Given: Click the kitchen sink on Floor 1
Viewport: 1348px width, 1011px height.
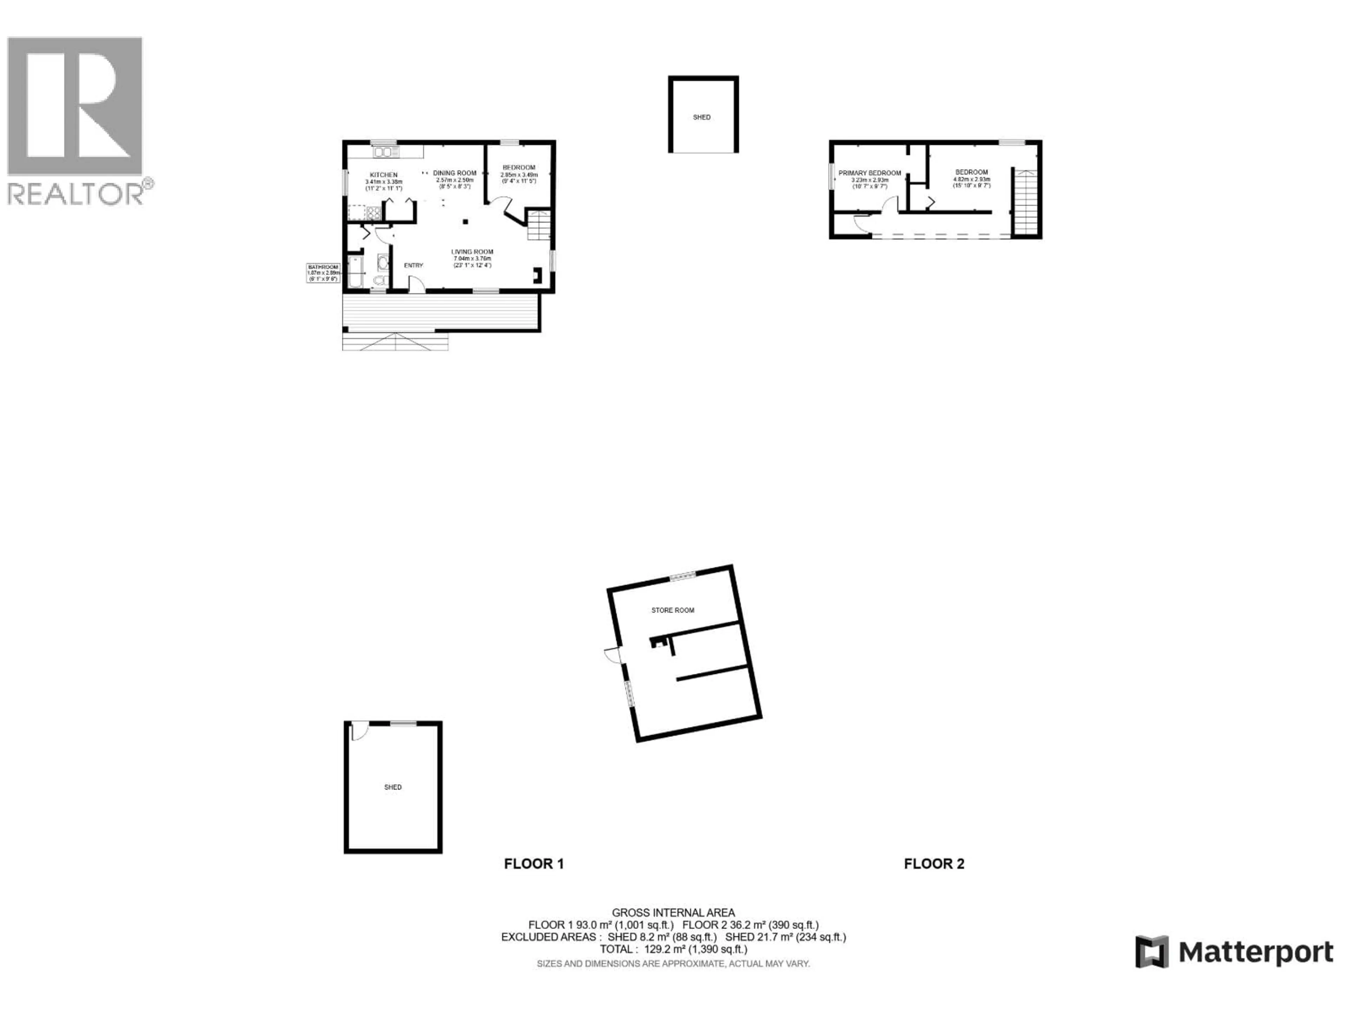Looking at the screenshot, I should point(386,152).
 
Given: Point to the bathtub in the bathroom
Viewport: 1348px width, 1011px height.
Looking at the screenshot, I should point(355,272).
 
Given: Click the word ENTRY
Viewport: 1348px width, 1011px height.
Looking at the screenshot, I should point(413,265).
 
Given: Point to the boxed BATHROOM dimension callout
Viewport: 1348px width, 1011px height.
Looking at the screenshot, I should point(323,272).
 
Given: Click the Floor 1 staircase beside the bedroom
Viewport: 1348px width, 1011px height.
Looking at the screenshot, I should point(539,225).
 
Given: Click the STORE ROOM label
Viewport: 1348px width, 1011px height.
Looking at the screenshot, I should point(673,610).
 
